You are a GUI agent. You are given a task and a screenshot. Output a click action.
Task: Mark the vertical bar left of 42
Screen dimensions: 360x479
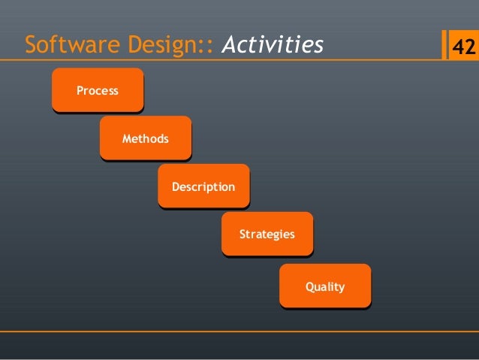point(444,46)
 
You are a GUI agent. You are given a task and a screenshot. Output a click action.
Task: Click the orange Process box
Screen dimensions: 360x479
point(98,90)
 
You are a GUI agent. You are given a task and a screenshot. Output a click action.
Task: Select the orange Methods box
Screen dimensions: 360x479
point(145,138)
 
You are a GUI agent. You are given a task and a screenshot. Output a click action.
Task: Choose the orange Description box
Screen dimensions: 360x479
point(203,186)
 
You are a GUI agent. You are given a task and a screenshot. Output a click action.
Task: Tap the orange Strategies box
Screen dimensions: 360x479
point(267,234)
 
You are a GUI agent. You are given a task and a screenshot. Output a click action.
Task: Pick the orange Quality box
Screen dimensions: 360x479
point(324,286)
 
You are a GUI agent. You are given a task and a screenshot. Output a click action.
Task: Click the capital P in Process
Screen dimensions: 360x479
point(80,91)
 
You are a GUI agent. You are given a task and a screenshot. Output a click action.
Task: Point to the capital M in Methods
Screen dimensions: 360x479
point(126,139)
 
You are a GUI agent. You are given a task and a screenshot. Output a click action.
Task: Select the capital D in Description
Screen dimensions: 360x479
point(176,186)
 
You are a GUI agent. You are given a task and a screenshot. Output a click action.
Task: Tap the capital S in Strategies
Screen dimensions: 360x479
point(243,234)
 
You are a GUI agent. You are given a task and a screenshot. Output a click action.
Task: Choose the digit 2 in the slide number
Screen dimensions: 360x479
point(469,47)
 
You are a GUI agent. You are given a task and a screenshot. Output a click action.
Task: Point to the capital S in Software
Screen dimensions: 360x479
point(30,47)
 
